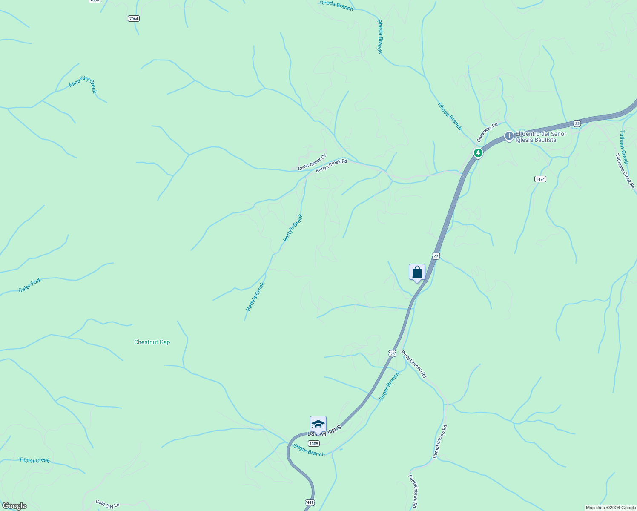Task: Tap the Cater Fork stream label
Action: (30, 285)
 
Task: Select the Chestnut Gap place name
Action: (152, 342)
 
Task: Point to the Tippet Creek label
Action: (34, 460)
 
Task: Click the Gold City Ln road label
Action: (105, 504)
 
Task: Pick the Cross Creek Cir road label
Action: (312, 162)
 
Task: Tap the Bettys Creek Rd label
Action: (331, 166)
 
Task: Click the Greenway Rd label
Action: (487, 133)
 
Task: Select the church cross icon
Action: (509, 136)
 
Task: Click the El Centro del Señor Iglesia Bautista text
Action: (541, 137)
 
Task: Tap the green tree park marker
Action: (478, 153)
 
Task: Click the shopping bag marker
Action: (417, 272)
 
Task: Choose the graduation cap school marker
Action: (318, 424)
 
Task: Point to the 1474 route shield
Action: (540, 179)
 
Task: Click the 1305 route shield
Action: (313, 443)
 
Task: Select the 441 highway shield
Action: (310, 502)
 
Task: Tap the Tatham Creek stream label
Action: (624, 147)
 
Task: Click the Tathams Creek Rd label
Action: (625, 171)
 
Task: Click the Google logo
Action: (14, 506)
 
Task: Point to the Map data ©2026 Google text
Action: (611, 508)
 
